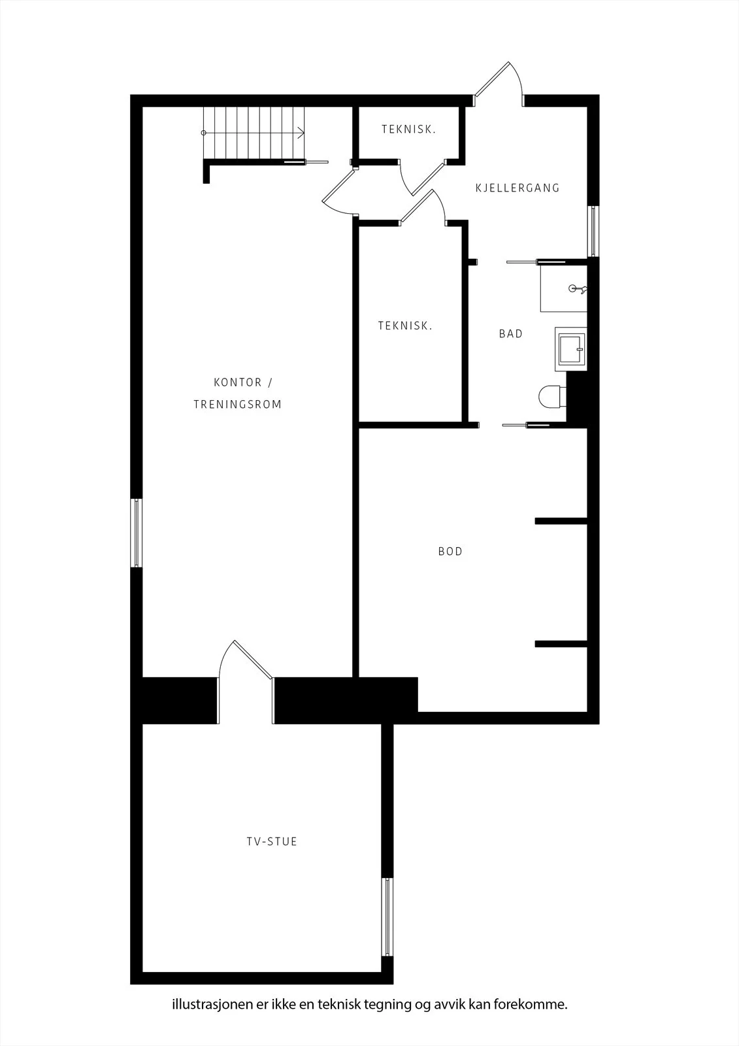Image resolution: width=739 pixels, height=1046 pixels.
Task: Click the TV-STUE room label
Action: (272, 841)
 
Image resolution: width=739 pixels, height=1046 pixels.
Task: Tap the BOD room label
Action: (450, 552)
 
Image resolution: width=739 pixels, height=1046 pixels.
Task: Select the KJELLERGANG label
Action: (517, 188)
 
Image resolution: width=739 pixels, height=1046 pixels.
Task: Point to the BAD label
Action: (511, 334)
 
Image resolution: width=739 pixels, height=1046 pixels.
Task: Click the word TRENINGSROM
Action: (238, 405)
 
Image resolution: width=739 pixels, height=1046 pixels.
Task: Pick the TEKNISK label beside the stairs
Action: (408, 129)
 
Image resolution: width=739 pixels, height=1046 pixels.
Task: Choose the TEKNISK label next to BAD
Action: (405, 326)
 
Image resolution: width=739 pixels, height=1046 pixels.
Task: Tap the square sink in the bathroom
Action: (570, 349)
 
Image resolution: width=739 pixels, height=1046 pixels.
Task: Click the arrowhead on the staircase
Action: (301, 133)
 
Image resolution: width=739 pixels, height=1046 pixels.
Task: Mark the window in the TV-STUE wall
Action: (387, 917)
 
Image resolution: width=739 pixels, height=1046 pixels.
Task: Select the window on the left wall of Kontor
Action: (137, 533)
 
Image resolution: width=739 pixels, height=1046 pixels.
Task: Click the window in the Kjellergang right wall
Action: (593, 231)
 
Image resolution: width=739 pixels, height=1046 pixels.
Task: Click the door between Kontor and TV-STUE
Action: (246, 681)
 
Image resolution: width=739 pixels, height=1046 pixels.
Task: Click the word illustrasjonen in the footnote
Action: (214, 1004)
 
